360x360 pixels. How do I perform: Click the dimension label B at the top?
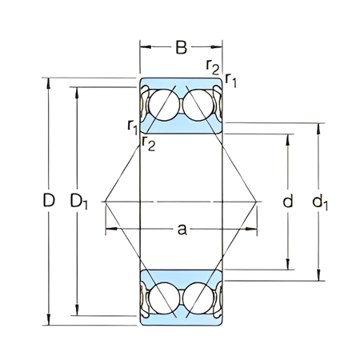pyautogui.click(x=182, y=47)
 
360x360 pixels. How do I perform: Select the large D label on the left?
pyautogui.click(x=49, y=201)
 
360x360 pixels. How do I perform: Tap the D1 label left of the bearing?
pyautogui.click(x=79, y=202)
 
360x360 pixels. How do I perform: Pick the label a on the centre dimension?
pyautogui.click(x=182, y=230)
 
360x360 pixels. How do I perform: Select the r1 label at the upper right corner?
pyautogui.click(x=230, y=78)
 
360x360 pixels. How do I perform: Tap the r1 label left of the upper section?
pyautogui.click(x=132, y=125)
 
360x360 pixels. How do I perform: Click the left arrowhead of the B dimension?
pyautogui.click(x=145, y=47)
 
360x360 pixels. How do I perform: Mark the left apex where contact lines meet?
pyautogui.click(x=104, y=201)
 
